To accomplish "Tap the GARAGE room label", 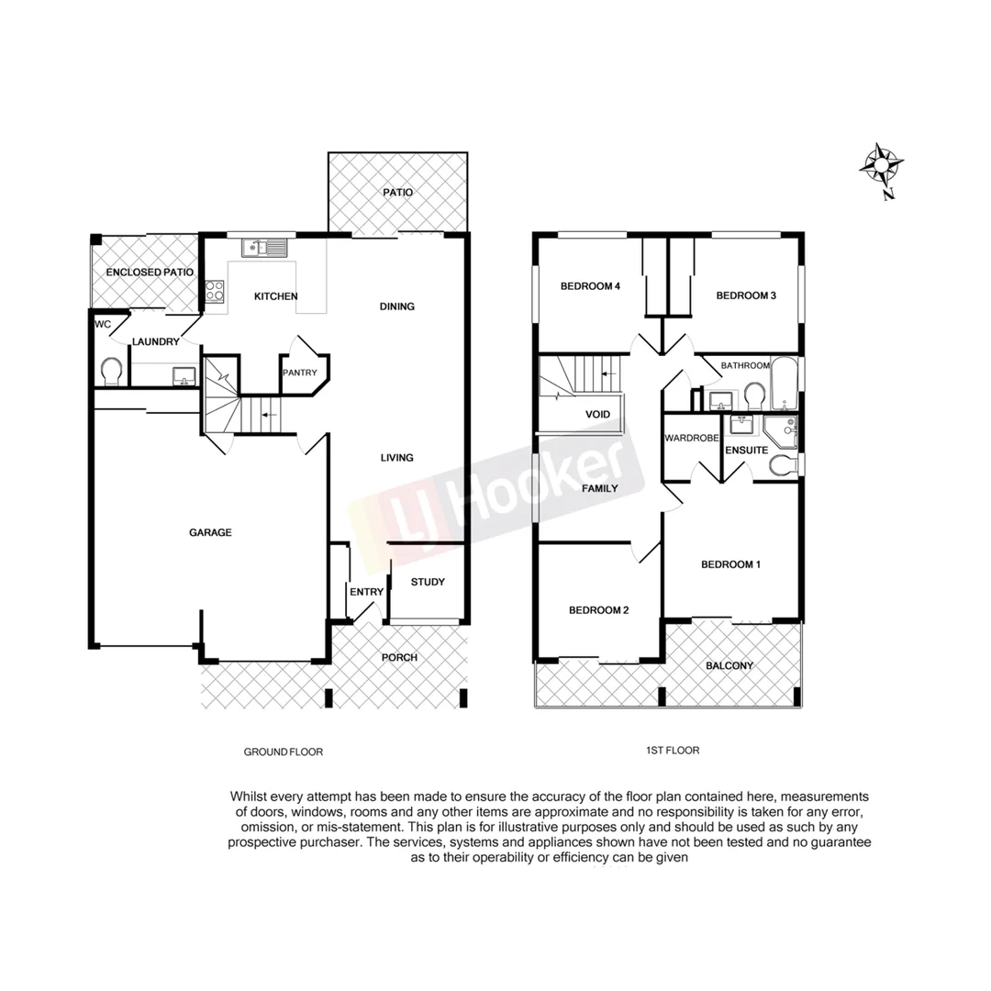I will coord(210,532).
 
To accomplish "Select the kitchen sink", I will coord(265,247).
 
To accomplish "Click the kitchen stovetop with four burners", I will coord(215,292).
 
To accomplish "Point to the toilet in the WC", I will coord(112,372).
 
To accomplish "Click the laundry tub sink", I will coord(184,375).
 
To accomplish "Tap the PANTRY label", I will coord(300,373).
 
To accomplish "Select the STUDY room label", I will coord(428,582).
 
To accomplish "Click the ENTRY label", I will coord(366,592).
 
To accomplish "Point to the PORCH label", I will coord(399,658).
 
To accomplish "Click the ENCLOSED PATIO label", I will coord(145,273).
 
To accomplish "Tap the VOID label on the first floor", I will coord(597,415).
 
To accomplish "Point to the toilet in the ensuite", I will coord(783,465).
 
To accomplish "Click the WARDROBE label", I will coord(691,439).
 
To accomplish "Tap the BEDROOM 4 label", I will coord(591,286).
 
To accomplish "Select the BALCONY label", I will coord(729,666).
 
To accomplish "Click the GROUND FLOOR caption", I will coord(283,752).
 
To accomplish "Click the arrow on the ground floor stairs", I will coord(265,415).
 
